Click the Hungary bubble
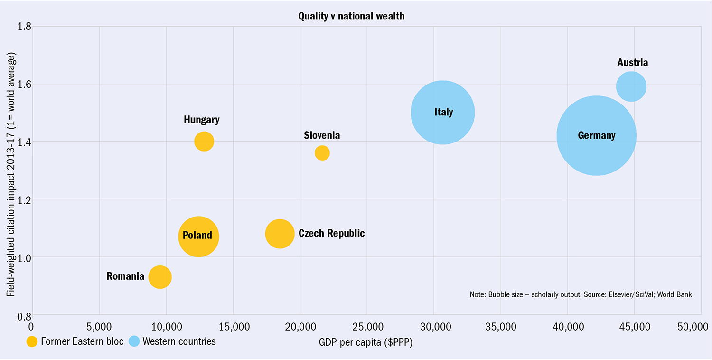(x=204, y=142)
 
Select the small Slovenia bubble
(x=322, y=153)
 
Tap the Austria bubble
(x=631, y=86)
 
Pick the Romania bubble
(x=160, y=277)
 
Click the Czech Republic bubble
(x=280, y=234)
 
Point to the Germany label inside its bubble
(x=597, y=135)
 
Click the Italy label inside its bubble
(x=443, y=112)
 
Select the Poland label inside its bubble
(x=197, y=236)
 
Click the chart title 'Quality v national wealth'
(x=351, y=16)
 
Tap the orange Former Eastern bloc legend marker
(x=32, y=341)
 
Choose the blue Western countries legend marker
(x=134, y=341)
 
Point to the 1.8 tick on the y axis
(x=24, y=26)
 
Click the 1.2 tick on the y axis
(x=24, y=199)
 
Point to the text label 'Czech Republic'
(x=332, y=233)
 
